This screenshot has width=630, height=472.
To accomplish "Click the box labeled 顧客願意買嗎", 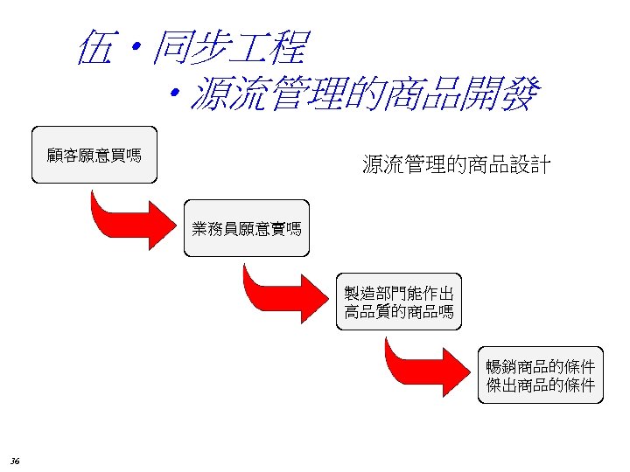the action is tap(94, 156).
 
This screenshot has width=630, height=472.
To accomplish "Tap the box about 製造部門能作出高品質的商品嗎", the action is tap(399, 302).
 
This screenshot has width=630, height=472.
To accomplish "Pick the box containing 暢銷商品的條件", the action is tap(541, 375).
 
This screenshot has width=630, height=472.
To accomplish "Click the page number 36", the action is tap(16, 461).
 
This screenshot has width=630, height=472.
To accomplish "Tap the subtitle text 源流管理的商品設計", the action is tap(456, 163).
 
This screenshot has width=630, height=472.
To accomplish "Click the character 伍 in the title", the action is tap(94, 47).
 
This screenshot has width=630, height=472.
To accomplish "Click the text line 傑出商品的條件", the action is tap(541, 385).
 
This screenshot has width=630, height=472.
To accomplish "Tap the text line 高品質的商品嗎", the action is tap(399, 312).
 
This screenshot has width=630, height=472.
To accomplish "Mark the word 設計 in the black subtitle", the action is tap(530, 163).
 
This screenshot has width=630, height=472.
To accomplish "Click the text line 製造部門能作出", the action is tap(399, 293).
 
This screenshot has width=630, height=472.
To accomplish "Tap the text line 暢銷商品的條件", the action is tap(541, 365).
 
